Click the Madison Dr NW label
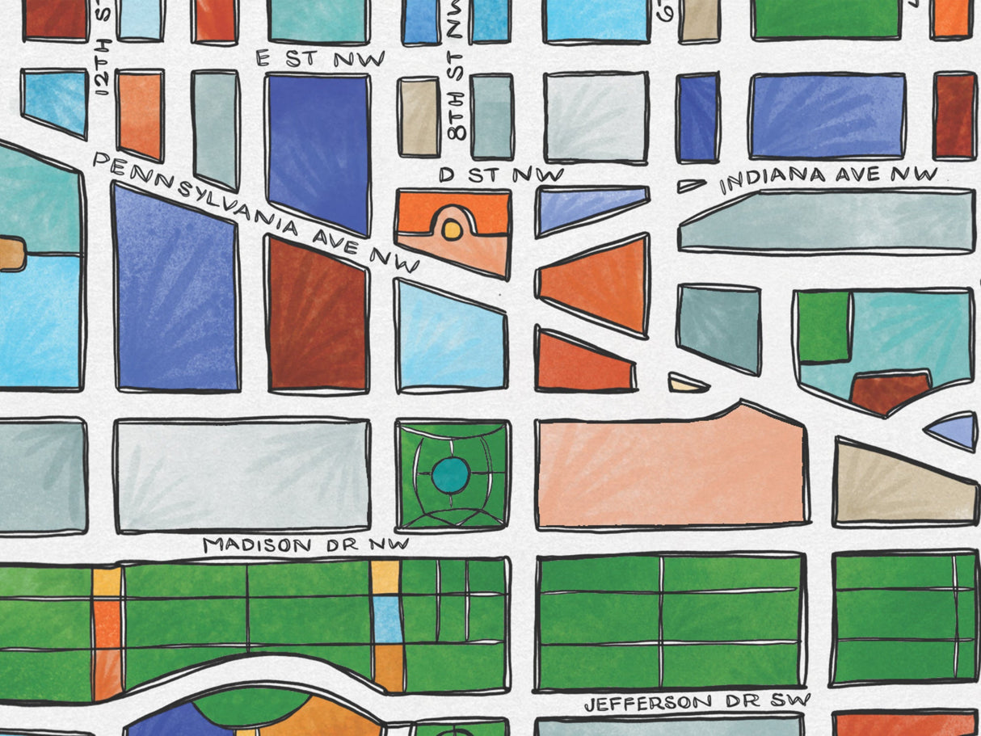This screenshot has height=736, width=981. (x=305, y=545)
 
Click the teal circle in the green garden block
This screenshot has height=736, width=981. (x=450, y=475)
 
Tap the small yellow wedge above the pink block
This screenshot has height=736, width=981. (x=688, y=384)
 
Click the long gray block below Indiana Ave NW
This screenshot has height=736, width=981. (x=827, y=221)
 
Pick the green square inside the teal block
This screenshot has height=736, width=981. (x=823, y=326)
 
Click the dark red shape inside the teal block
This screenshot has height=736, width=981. (x=888, y=392)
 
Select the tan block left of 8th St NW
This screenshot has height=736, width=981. (x=419, y=117)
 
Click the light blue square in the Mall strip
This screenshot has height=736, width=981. (x=388, y=619)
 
